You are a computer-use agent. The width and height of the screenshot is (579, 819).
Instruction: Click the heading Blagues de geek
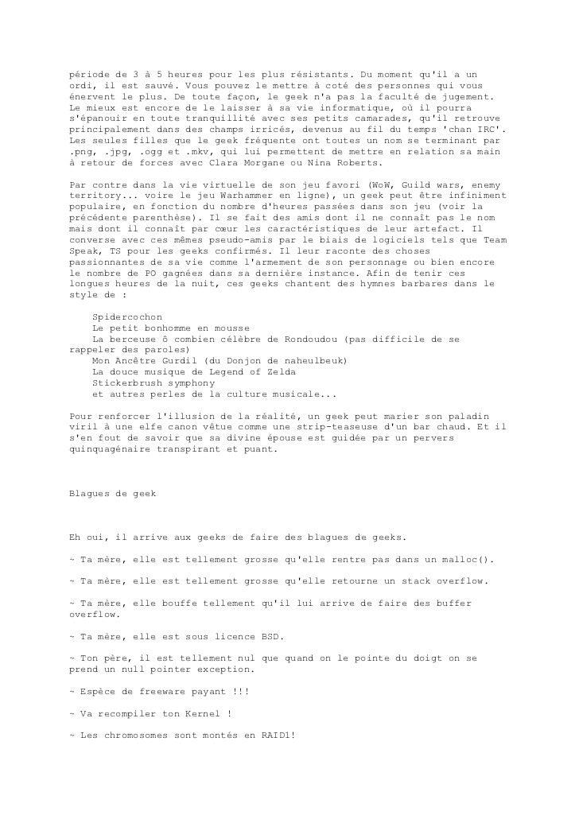(x=113, y=494)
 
